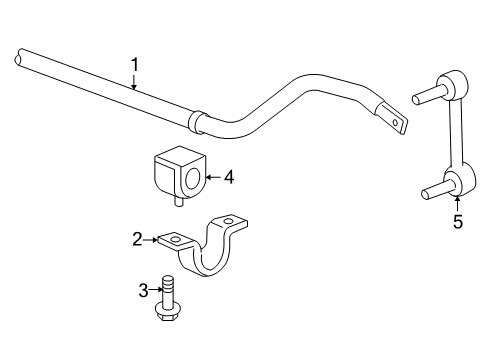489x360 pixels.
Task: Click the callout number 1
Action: [x=134, y=66]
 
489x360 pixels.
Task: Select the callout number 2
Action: [x=137, y=239]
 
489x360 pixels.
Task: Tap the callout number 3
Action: [x=144, y=290]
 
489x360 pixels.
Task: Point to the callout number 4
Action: [x=228, y=178]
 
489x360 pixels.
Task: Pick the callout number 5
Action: [x=457, y=222]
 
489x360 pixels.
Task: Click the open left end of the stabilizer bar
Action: [x=18, y=59]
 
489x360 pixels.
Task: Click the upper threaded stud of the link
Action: [x=420, y=97]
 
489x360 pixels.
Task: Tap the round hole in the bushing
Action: [x=189, y=180]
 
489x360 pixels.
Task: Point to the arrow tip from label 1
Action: [x=134, y=90]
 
